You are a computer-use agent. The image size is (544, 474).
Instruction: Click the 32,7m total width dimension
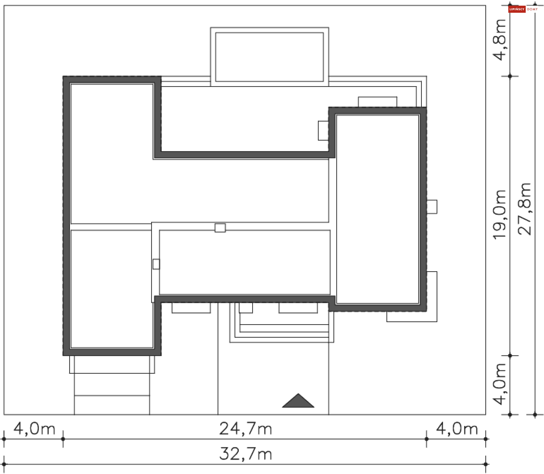[x=246, y=454]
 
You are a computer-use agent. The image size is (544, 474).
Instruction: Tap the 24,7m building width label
[x=246, y=429]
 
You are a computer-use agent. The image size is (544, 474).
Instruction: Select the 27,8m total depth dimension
[x=524, y=209]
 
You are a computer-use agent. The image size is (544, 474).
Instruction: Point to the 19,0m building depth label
[x=499, y=215]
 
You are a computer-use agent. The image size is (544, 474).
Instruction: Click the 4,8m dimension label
[x=499, y=40]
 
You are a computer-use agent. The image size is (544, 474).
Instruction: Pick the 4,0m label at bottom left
[x=35, y=429]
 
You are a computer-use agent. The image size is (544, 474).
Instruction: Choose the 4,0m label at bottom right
[x=457, y=429]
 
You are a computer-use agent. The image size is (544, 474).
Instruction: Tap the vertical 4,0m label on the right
[x=499, y=384]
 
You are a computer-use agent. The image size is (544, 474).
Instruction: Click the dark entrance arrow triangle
[x=298, y=401]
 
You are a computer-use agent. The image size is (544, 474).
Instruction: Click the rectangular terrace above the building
[x=269, y=57]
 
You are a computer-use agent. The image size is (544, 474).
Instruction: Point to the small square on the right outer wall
[x=432, y=207]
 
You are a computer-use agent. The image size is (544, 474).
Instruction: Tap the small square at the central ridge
[x=220, y=228]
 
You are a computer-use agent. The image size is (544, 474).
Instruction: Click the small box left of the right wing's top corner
[x=323, y=131]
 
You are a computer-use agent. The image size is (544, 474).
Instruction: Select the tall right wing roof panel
[x=378, y=209]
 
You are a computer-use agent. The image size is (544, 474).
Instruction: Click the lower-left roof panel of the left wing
[x=112, y=289]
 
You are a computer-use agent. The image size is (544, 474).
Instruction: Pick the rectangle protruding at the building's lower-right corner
[x=412, y=297]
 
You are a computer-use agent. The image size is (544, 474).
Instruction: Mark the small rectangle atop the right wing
[x=378, y=102]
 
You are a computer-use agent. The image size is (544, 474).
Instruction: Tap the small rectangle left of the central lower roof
[x=156, y=264]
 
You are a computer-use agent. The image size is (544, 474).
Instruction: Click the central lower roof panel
[x=245, y=262]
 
